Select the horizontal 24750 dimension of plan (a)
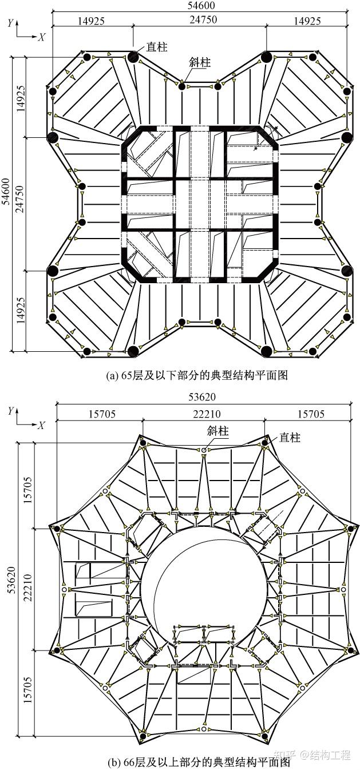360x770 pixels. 200,21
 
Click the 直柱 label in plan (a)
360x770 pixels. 157,46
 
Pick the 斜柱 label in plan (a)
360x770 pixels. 200,62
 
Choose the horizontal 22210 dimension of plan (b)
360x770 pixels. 203,414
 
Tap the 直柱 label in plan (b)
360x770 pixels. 290,438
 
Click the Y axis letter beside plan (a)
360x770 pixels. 10,23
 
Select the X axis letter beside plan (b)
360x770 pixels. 41,426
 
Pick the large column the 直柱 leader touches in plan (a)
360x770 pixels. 133,57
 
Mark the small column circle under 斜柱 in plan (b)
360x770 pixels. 204,450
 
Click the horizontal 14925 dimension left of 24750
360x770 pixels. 93,21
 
